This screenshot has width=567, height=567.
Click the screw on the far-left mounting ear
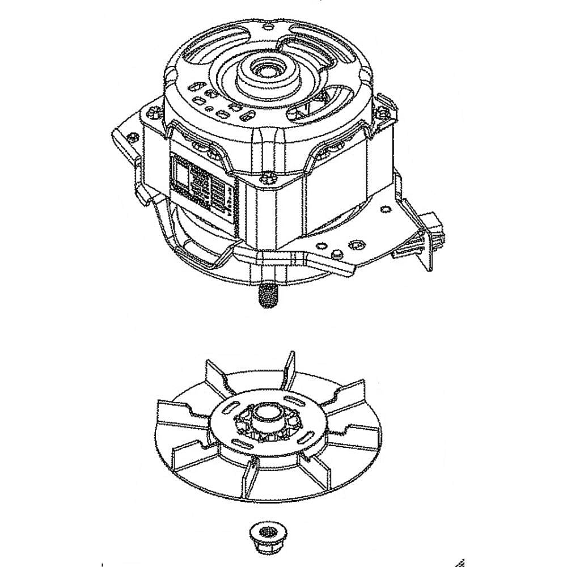pos(134,137)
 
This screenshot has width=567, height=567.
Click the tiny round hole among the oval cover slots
pos(210,108)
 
